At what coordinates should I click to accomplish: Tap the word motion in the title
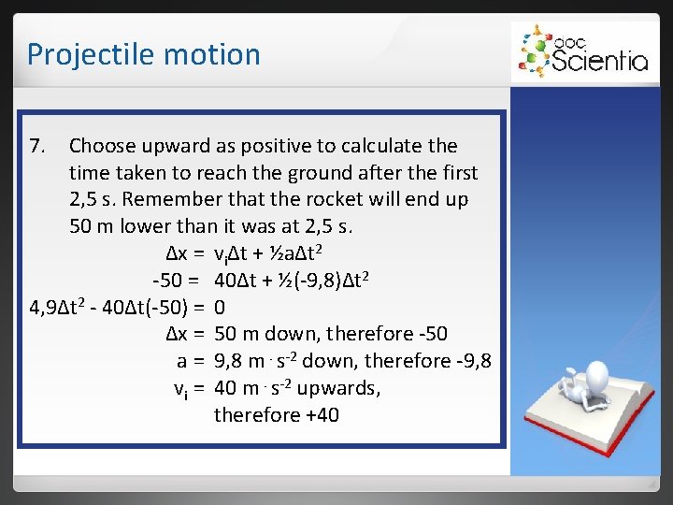tap(216, 54)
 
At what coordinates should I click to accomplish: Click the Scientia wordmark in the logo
tap(600, 61)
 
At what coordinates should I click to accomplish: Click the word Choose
tap(102, 146)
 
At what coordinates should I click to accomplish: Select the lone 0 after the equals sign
tap(220, 307)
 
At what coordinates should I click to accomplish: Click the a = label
tap(191, 360)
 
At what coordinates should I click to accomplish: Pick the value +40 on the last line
tap(317, 413)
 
